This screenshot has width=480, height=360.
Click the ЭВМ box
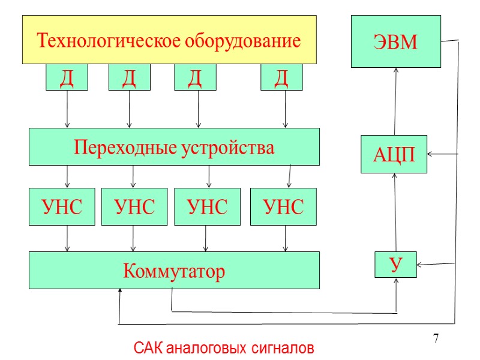395,41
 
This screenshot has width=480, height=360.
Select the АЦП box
394,154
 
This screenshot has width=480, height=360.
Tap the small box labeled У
395,265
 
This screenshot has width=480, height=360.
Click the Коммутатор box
174,271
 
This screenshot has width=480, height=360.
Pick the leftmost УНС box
62,207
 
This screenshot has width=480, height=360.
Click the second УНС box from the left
134,207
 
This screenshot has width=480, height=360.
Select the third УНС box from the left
207,207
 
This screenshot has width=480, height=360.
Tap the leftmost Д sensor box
67,77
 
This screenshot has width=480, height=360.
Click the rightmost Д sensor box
281,77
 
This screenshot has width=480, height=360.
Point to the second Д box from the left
129,77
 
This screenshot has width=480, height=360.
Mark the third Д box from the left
195,77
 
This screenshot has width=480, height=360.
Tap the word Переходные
122,147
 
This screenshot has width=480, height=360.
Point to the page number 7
436,339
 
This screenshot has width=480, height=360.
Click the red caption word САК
148,348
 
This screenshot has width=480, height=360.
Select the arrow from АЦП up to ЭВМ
395,101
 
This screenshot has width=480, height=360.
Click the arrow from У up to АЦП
395,212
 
